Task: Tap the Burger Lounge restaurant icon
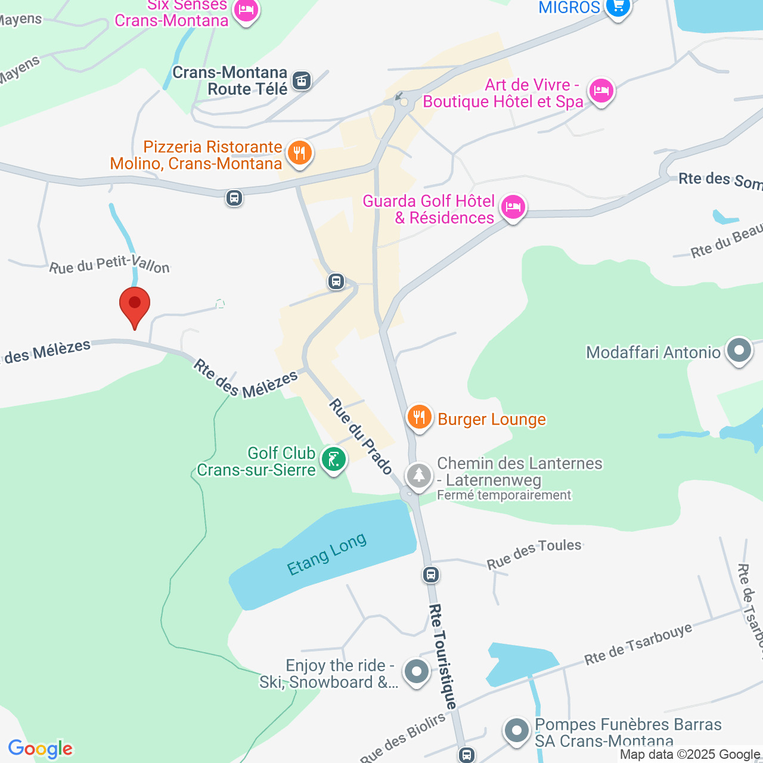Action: pyautogui.click(x=419, y=417)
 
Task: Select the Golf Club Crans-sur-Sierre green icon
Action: pyautogui.click(x=333, y=460)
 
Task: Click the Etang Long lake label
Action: pyautogui.click(x=327, y=555)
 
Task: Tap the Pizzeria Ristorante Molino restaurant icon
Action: pyautogui.click(x=299, y=153)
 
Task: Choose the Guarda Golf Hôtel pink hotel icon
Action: pyautogui.click(x=513, y=207)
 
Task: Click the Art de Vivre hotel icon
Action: pyautogui.click(x=601, y=91)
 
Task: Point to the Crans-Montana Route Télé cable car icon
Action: pyautogui.click(x=302, y=80)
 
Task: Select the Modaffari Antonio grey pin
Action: pyautogui.click(x=739, y=351)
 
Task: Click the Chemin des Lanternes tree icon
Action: pyautogui.click(x=419, y=476)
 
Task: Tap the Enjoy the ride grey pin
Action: pyautogui.click(x=417, y=672)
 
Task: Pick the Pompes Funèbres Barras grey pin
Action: pyautogui.click(x=516, y=730)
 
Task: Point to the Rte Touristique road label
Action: pyautogui.click(x=442, y=656)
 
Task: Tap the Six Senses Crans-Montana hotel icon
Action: pyautogui.click(x=246, y=10)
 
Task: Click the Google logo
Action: pyautogui.click(x=41, y=749)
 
